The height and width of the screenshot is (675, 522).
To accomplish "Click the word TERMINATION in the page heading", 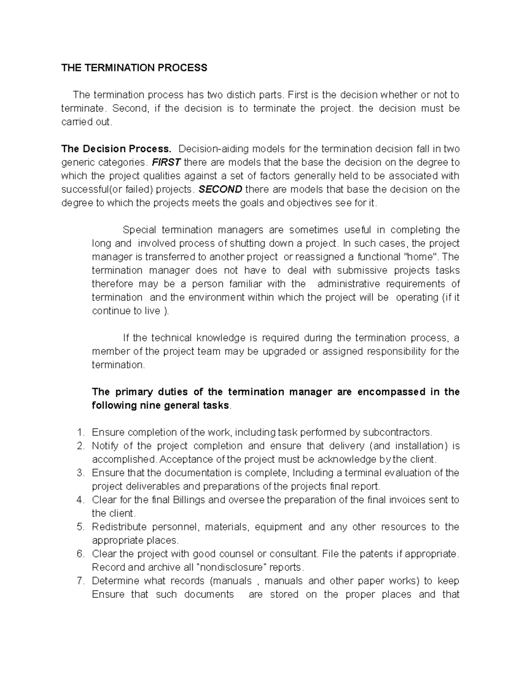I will click(x=123, y=68).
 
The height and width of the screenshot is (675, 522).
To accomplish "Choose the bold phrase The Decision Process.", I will click(x=117, y=149).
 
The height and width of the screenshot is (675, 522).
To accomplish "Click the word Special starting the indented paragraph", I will click(x=138, y=230).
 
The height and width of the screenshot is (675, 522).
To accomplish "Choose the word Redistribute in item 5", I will click(x=119, y=527).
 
